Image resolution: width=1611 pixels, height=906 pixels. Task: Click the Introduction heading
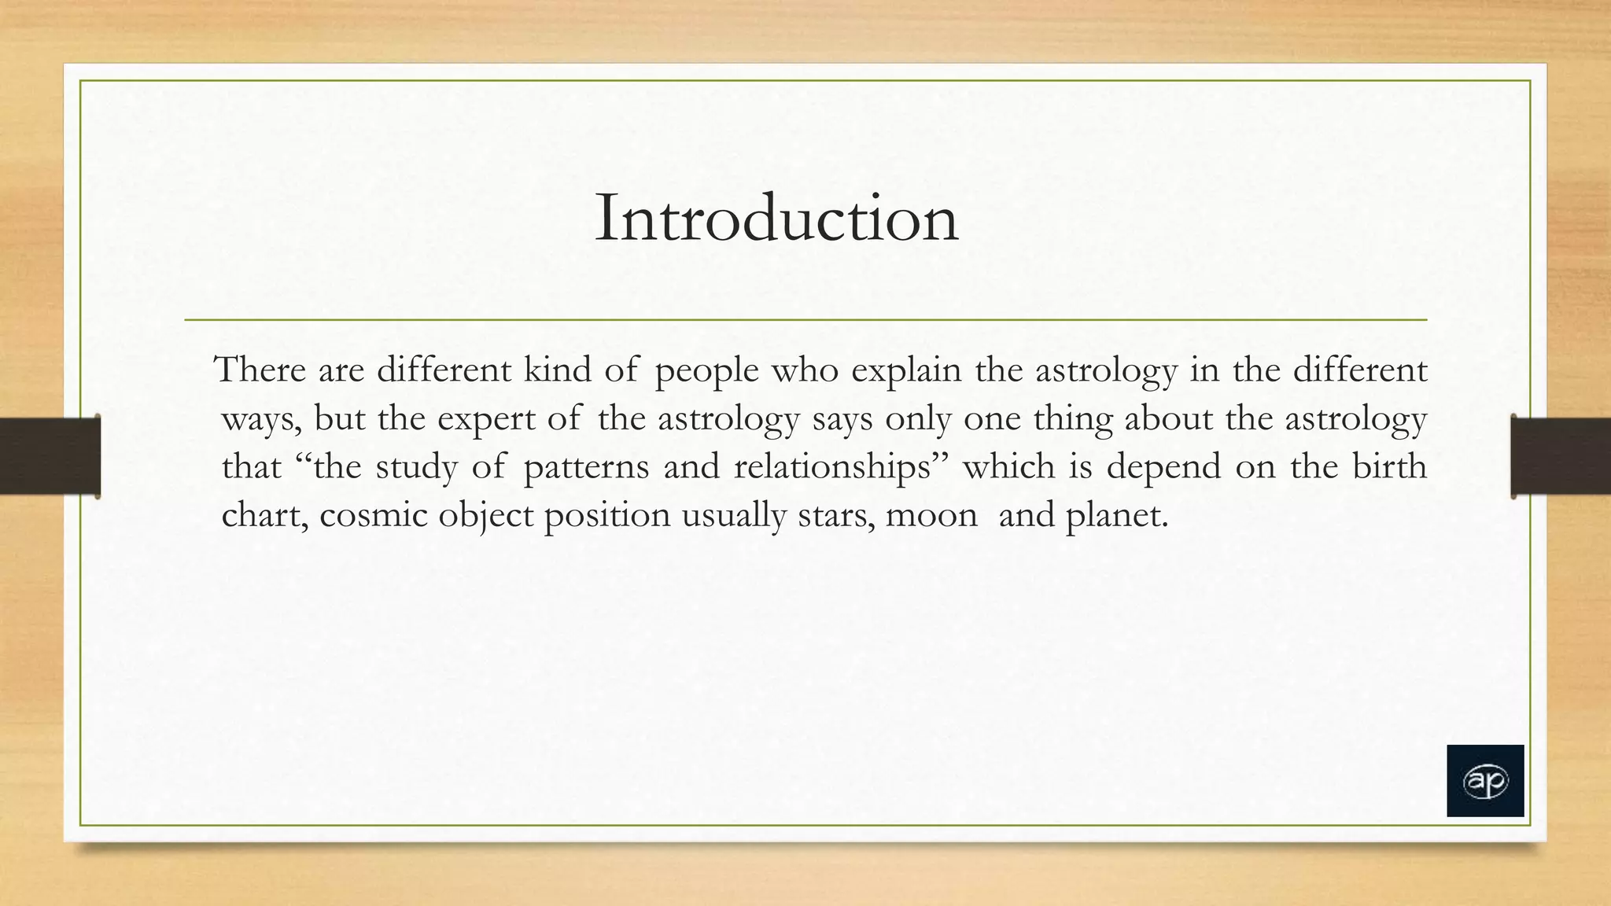coord(776,218)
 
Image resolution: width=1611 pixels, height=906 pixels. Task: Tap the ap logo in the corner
coord(1485,781)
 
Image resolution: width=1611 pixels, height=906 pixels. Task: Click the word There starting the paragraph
coord(260,370)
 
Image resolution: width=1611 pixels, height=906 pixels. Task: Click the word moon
coord(931,516)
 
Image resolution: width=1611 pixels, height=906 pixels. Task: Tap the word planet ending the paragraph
coord(1116,517)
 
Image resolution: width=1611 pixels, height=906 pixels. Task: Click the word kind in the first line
coord(557,370)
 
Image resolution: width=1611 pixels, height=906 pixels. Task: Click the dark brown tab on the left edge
coord(50,456)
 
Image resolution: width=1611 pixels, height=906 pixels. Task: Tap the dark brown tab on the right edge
coord(1561,456)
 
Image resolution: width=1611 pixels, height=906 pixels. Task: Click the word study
coord(416,467)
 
